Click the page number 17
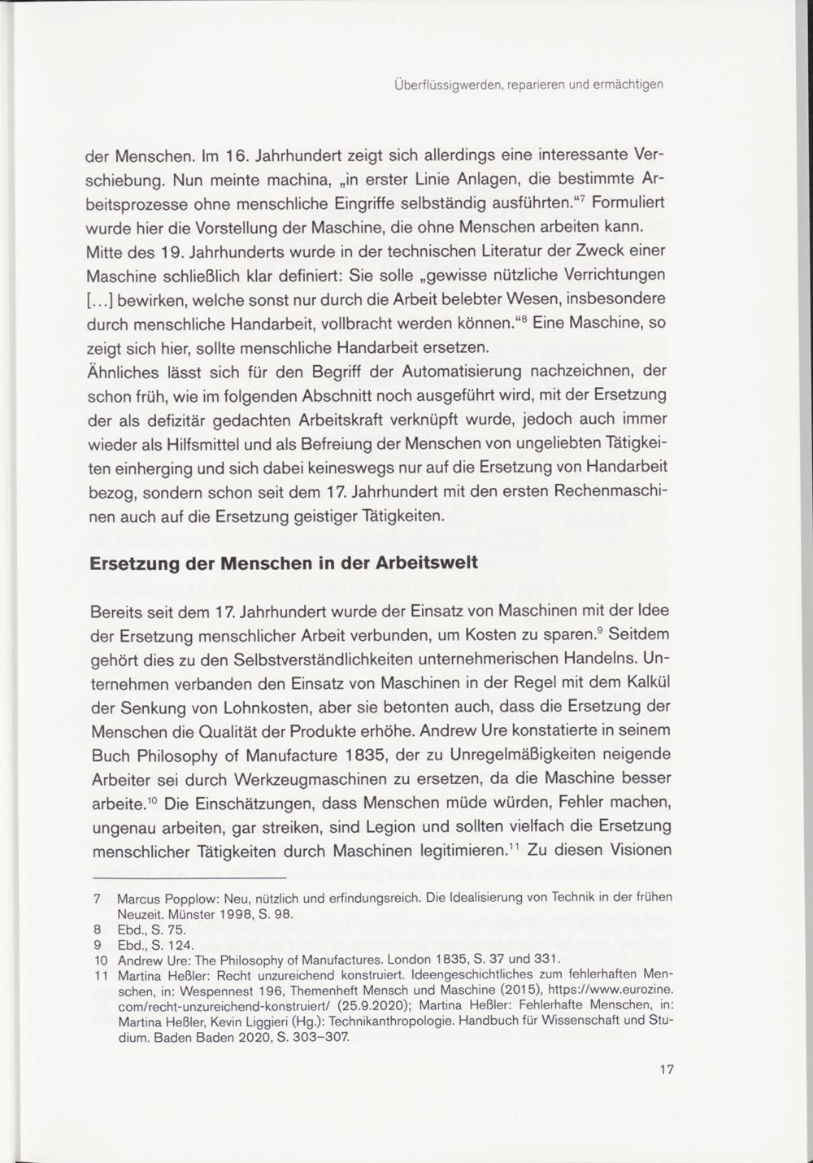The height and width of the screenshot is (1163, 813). pyautogui.click(x=667, y=1069)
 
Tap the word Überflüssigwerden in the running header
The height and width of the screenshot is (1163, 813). pyautogui.click(x=439, y=84)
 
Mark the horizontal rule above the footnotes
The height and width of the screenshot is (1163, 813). pyautogui.click(x=188, y=879)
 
